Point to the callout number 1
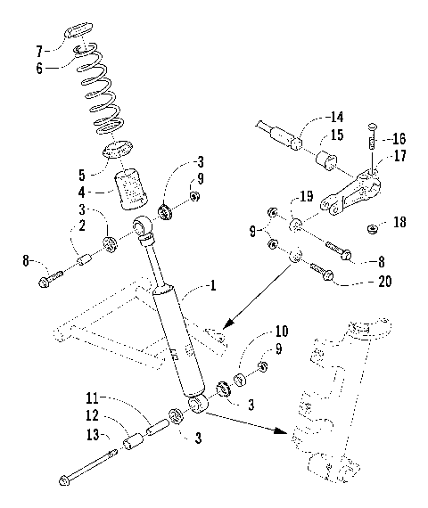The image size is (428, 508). (x=212, y=286)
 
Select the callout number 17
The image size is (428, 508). (x=399, y=157)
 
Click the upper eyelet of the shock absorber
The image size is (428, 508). (x=144, y=229)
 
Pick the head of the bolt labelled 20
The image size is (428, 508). (x=326, y=274)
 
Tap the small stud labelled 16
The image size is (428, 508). (x=369, y=142)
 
